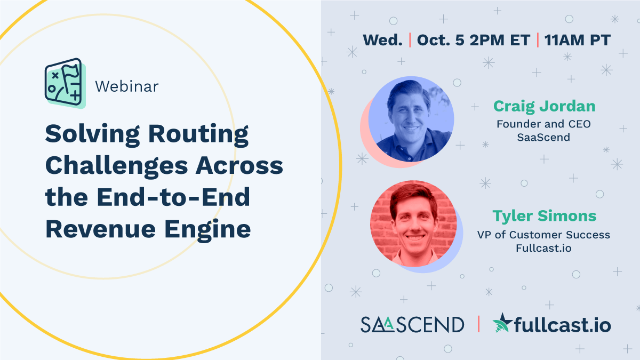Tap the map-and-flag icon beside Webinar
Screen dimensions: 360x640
coord(63,83)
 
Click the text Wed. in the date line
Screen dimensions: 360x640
coord(382,40)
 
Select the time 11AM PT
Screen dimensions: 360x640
coord(577,40)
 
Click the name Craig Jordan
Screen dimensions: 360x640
coord(544,106)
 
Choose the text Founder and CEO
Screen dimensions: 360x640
coord(543,124)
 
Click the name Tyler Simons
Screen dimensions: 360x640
coord(544,216)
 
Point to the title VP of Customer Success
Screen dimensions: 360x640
coord(543,235)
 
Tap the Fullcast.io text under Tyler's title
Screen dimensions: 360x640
coord(543,249)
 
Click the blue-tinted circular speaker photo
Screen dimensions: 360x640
coord(411,119)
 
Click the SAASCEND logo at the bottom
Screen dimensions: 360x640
coord(412,324)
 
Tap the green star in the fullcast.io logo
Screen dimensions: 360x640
coord(501,323)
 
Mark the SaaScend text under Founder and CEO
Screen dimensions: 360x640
coord(543,138)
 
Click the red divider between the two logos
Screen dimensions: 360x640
coord(478,324)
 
